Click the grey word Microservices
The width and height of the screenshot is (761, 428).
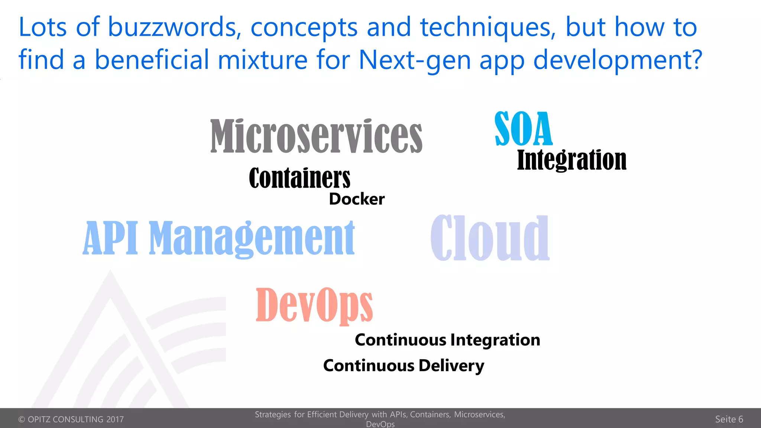(316, 136)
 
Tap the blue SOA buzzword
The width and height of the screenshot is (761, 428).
(523, 129)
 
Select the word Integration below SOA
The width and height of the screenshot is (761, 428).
(571, 160)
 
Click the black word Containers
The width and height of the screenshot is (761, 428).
(299, 178)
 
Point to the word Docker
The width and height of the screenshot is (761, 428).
(357, 199)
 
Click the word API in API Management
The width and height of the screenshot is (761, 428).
(110, 238)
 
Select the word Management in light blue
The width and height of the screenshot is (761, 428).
(252, 238)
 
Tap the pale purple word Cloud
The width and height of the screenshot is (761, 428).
(490, 238)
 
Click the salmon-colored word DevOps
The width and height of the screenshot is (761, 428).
(314, 304)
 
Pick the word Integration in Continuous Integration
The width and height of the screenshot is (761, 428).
(495, 340)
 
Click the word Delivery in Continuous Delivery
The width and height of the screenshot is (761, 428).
(451, 366)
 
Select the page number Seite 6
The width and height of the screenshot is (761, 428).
(729, 419)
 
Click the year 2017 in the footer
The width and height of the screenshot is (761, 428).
(115, 419)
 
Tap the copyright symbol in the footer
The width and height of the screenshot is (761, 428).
(22, 419)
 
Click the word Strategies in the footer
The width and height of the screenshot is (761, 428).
(273, 415)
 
